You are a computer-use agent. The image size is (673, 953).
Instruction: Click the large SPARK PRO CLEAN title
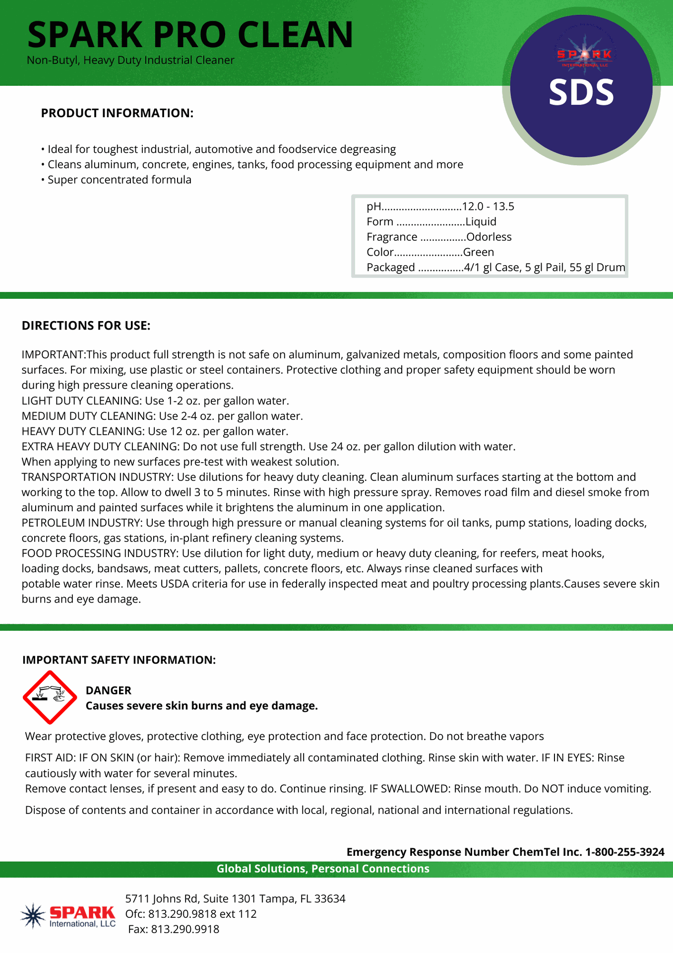click(190, 35)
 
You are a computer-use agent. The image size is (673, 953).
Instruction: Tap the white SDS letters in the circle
click(581, 93)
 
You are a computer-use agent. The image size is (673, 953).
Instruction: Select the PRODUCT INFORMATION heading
click(117, 113)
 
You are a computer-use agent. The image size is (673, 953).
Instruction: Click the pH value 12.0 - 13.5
click(488, 206)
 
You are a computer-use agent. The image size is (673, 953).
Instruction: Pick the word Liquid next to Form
click(481, 222)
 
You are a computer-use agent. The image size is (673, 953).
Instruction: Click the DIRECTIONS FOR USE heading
click(86, 326)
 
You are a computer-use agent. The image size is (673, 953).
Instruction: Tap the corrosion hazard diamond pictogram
click(50, 697)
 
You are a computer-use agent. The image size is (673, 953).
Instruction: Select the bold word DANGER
click(109, 690)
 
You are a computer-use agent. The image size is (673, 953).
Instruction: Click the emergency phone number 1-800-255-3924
click(624, 852)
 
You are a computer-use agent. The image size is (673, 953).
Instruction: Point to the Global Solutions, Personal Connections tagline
click(323, 869)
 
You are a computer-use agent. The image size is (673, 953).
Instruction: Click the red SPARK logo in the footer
click(82, 913)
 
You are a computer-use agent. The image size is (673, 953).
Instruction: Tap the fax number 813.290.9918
click(184, 929)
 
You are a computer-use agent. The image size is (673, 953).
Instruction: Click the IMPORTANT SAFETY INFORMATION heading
click(119, 660)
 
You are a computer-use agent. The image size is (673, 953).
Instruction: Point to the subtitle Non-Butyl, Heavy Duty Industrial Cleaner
click(130, 61)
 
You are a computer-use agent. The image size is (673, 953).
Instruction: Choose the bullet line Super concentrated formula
click(119, 180)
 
